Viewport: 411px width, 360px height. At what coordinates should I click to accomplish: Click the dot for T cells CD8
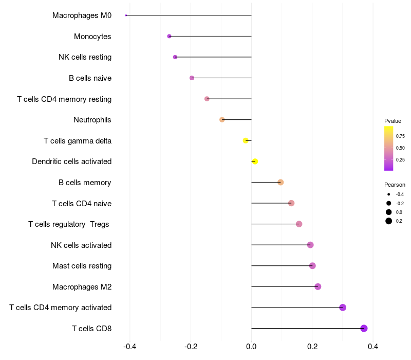click(364, 328)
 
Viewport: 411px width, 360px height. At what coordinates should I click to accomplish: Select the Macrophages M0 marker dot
click(126, 15)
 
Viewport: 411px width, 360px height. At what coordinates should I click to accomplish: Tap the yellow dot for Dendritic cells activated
click(255, 161)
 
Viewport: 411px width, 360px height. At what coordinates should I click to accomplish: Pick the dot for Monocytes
click(169, 36)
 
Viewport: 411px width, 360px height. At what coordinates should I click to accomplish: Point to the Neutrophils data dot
click(222, 120)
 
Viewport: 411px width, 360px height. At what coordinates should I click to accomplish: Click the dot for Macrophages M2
click(317, 286)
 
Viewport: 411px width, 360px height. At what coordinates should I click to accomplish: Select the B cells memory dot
click(281, 182)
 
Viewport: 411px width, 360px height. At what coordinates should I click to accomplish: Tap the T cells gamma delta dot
click(246, 140)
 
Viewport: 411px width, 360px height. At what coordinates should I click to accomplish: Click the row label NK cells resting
click(85, 57)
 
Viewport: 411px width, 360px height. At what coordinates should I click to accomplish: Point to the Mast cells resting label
click(82, 266)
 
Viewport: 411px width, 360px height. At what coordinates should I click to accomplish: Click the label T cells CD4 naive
click(82, 203)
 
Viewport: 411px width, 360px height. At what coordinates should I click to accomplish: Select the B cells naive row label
click(90, 78)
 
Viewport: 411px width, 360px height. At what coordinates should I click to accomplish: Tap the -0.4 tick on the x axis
click(129, 347)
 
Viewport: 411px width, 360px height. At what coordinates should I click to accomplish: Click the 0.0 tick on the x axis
click(251, 347)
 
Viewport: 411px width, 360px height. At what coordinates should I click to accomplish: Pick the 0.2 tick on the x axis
click(312, 347)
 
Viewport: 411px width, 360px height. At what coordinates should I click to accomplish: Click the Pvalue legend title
click(393, 121)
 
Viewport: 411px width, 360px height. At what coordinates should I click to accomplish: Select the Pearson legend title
click(395, 185)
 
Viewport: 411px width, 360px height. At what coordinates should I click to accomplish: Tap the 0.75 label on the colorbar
click(400, 136)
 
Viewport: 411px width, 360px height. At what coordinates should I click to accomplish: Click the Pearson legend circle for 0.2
click(389, 221)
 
